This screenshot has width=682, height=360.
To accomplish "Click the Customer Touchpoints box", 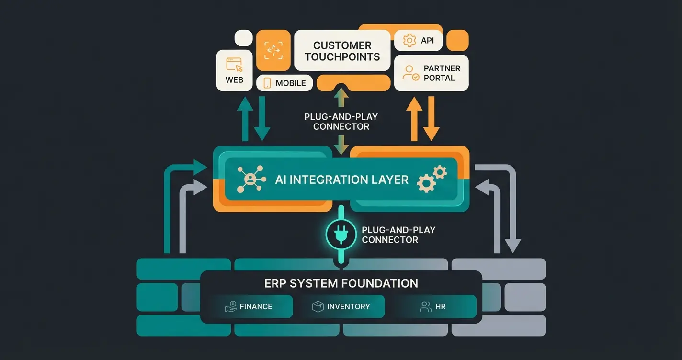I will coord(342,51).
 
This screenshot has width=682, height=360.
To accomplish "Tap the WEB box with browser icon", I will coord(234,70).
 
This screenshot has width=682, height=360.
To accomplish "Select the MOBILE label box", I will coord(284,83).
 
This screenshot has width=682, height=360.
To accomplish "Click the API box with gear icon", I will coord(418,41).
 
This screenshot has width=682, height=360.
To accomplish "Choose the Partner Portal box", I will coord(431,73).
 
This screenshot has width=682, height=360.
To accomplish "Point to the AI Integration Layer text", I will coord(341,180).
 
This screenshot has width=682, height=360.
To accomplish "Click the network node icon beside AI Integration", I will coord(250,180).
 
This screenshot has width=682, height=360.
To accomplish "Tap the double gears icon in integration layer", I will coord(432,179).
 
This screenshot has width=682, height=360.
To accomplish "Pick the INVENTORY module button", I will coord(343,306).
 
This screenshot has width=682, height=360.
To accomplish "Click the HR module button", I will coord(435,306).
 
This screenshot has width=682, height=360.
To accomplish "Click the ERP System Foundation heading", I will coord(341,283).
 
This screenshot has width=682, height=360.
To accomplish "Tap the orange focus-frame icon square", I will coord(273,51).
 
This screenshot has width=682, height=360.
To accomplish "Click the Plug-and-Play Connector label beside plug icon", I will coord(398,235).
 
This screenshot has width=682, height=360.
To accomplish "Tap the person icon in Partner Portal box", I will coord(410,73).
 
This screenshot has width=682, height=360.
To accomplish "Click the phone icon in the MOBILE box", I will coord(267,83).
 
